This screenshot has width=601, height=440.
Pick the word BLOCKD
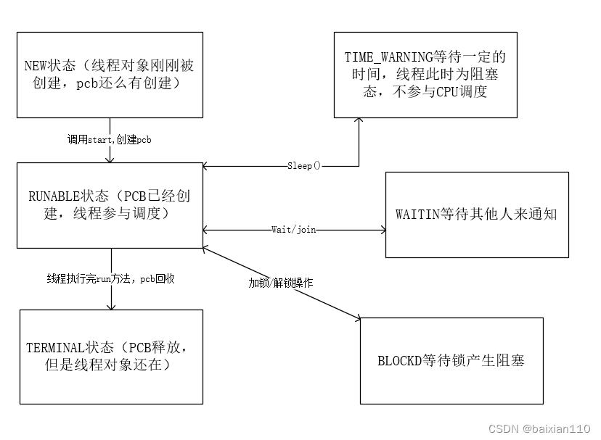coord(401,360)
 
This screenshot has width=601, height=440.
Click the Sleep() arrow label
coord(300,166)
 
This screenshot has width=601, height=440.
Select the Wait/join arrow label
coord(294,230)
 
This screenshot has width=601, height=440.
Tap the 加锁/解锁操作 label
coord(281,283)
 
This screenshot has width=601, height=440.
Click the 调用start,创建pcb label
coord(109,138)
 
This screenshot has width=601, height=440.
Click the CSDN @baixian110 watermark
coord(539,428)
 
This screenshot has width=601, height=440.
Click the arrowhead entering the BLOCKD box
coord(356,317)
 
